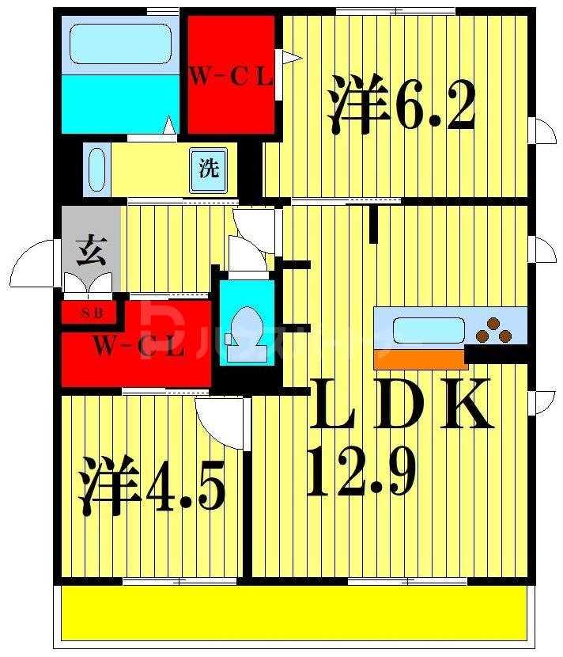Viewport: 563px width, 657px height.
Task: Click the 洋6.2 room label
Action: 402,105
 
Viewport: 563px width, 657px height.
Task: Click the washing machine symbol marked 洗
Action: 208,169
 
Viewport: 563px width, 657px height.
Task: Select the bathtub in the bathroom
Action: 120,44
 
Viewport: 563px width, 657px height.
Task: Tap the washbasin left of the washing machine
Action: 96,169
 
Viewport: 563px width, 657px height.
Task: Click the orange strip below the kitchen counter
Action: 420,359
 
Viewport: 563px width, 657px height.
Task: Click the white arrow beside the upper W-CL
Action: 291,56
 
